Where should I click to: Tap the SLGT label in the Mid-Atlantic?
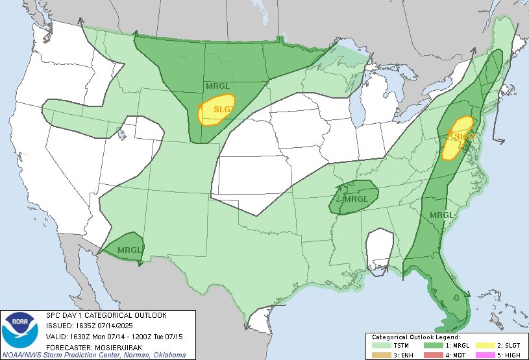pos(462,137)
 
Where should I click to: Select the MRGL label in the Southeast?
pos(441,215)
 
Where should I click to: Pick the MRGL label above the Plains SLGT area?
pos(217,86)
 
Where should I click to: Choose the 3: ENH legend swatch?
pos(379,355)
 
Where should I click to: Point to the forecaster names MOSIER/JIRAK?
pos(105,346)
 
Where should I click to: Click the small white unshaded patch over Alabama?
pos(379,250)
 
